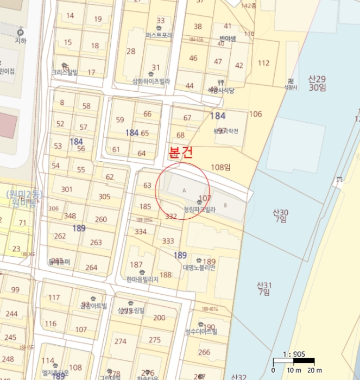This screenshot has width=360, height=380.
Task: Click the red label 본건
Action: point(181,153)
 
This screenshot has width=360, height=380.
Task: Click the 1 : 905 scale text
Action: point(293,354)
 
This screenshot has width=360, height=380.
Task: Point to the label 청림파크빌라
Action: point(200,209)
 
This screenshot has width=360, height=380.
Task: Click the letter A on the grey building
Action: point(184,191)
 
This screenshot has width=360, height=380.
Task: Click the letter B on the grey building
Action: point(225,205)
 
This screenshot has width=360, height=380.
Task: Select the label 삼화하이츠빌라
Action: point(151,81)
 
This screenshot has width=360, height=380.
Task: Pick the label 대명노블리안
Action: point(200,267)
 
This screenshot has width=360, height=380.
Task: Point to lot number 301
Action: point(67,189)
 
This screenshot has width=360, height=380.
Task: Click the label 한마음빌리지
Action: point(142,279)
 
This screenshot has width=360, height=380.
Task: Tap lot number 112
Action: point(263,63)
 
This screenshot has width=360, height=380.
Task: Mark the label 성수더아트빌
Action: point(201,331)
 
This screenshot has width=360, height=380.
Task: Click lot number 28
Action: point(131,52)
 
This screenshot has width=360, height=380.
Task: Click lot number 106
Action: point(255,114)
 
